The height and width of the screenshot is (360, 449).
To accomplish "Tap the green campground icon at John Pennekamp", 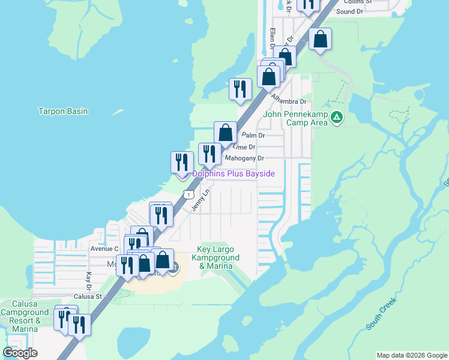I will click(337, 118).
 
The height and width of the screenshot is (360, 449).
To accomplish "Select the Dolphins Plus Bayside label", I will click(234, 174).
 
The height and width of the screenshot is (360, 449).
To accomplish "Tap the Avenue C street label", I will click(104, 248).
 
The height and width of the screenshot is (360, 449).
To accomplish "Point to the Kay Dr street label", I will click(88, 278).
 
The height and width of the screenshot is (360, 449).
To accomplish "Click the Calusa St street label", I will click(89, 296).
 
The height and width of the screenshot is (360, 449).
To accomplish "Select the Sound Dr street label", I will click(350, 11).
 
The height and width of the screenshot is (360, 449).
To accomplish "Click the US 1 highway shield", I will click(188, 194).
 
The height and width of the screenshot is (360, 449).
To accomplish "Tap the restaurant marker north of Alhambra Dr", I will click(240, 89).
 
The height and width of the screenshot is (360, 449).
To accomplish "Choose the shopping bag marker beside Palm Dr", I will click(226, 133).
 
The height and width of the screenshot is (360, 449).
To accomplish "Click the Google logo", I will click(20, 353).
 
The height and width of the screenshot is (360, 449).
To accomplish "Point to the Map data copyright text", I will click(412, 355).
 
